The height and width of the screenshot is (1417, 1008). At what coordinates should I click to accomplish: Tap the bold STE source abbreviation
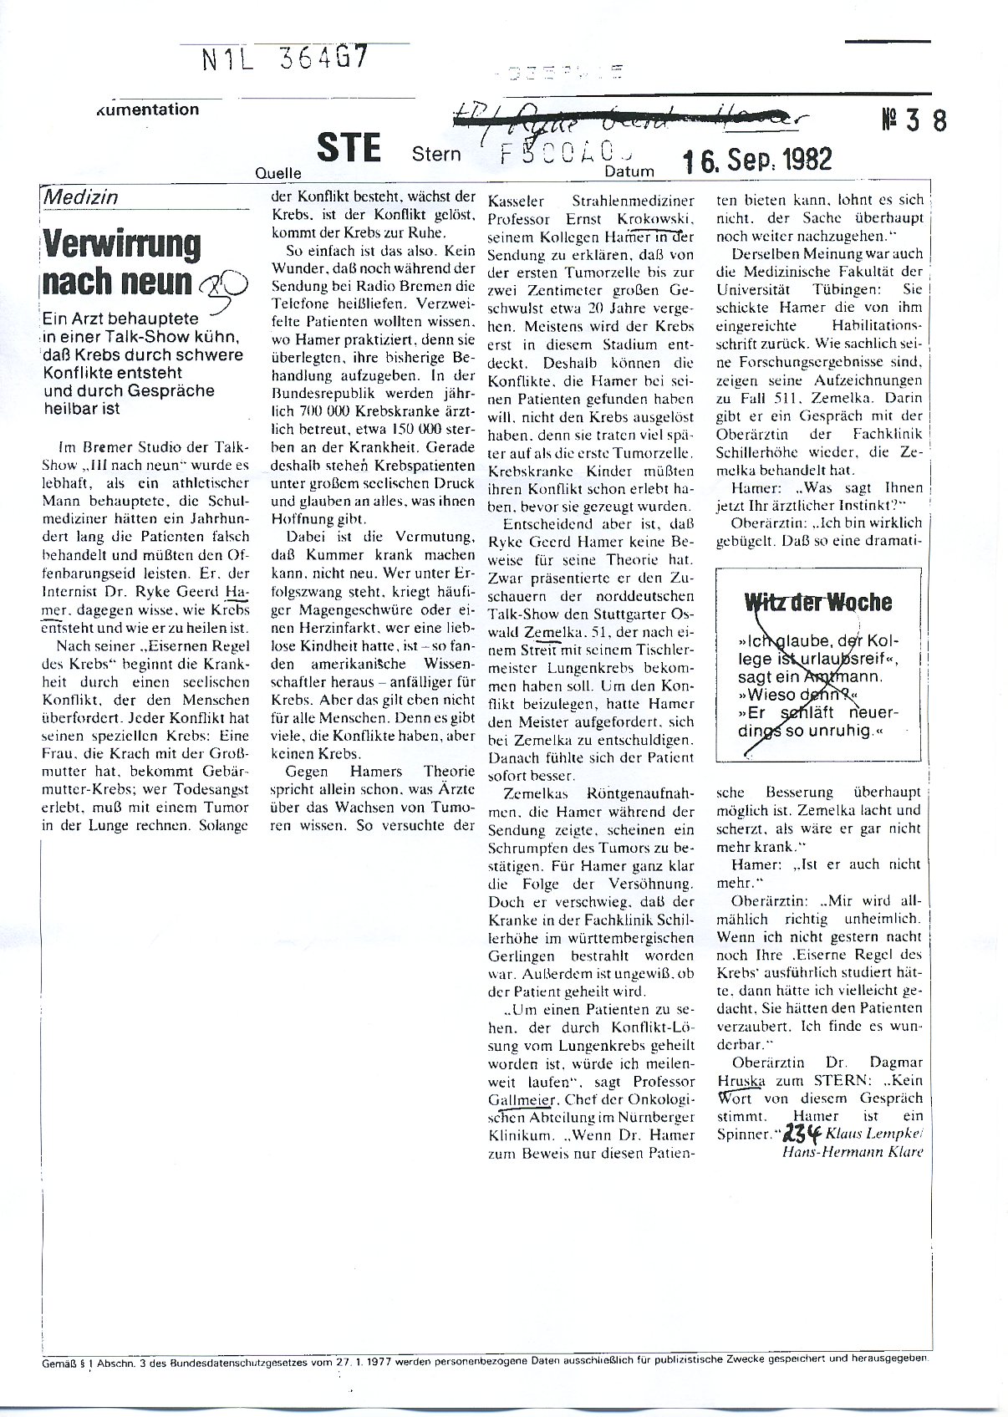(x=349, y=148)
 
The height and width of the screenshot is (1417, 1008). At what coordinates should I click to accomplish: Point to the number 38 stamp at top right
(x=914, y=121)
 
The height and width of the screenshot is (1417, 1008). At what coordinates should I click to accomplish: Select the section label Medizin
(x=80, y=197)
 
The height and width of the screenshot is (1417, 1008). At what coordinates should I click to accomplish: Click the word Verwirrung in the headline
(x=122, y=245)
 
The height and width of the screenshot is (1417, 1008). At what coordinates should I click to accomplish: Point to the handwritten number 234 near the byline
(x=800, y=1134)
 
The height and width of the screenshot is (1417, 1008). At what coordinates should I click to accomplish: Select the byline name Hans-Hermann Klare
(x=851, y=1152)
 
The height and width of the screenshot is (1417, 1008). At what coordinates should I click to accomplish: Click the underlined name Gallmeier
(x=519, y=1099)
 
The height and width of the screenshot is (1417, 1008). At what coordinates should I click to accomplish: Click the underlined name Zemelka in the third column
(x=552, y=631)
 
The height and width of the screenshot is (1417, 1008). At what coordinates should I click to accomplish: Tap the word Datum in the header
(x=632, y=170)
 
